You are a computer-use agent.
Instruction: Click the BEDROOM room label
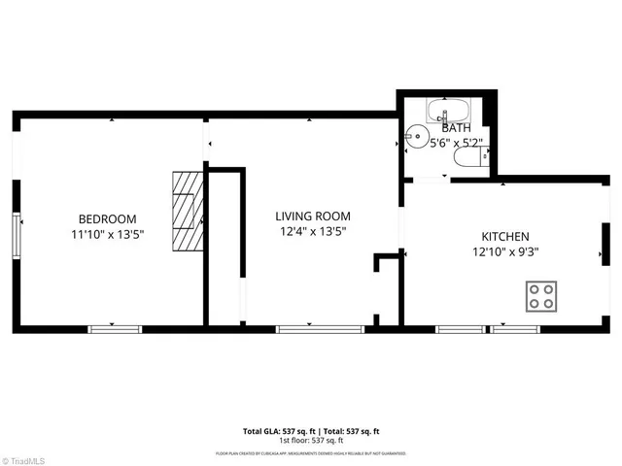tap(107, 219)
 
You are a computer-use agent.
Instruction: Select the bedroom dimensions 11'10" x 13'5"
tap(107, 234)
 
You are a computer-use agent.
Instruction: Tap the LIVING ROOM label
tap(312, 216)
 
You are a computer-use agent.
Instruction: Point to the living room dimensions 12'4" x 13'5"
tap(312, 231)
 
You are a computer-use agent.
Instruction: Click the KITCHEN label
tap(505, 237)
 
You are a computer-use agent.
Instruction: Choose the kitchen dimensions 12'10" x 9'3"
tap(505, 251)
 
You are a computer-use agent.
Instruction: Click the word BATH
tap(456, 128)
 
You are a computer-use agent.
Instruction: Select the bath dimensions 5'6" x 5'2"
tap(456, 143)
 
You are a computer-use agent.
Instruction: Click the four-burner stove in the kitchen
tap(542, 296)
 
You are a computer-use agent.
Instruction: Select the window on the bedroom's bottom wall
tap(115, 329)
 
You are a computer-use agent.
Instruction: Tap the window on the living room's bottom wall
tap(306, 329)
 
